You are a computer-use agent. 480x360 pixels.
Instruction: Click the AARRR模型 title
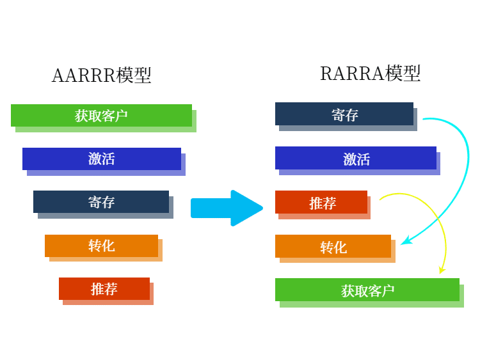tap(101, 75)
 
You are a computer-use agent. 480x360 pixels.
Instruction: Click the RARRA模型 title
tap(370, 74)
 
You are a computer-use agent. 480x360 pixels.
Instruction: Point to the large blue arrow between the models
tap(227, 208)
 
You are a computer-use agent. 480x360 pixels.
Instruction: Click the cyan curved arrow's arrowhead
tap(406, 240)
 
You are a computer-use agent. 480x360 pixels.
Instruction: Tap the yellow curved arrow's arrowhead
tap(442, 270)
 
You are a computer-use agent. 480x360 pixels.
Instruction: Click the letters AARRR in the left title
tap(84, 75)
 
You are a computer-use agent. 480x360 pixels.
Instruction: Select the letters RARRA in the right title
tap(352, 74)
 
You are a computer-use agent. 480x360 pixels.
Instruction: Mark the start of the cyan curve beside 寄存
tap(423, 119)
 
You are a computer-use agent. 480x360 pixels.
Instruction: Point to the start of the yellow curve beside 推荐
tap(380, 200)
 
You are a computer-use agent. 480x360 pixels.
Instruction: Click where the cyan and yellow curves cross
tap(438, 219)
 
